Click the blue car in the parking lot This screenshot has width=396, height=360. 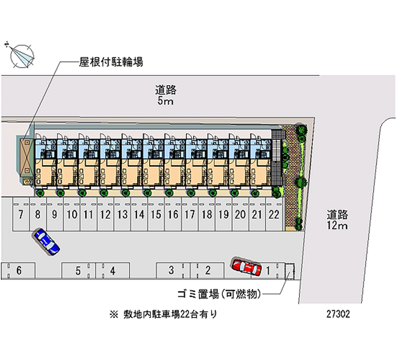click(46, 241)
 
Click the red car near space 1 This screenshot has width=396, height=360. click(246, 267)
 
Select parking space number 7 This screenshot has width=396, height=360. click(20, 215)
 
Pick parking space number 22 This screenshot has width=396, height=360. click(274, 215)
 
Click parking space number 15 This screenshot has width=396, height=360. click(155, 215)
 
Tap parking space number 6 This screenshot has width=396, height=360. click(19, 271)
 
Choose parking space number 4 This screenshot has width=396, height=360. click(113, 271)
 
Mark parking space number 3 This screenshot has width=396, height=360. click(171, 270)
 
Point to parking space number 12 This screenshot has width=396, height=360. click(105, 215)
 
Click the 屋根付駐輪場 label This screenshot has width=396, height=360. click(111, 62)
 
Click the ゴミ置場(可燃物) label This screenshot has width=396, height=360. click(219, 295)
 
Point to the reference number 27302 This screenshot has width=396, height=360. click(339, 314)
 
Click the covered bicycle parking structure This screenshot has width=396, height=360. click(26, 155)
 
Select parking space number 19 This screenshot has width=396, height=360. click(223, 215)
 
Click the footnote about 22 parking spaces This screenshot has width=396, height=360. click(163, 314)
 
